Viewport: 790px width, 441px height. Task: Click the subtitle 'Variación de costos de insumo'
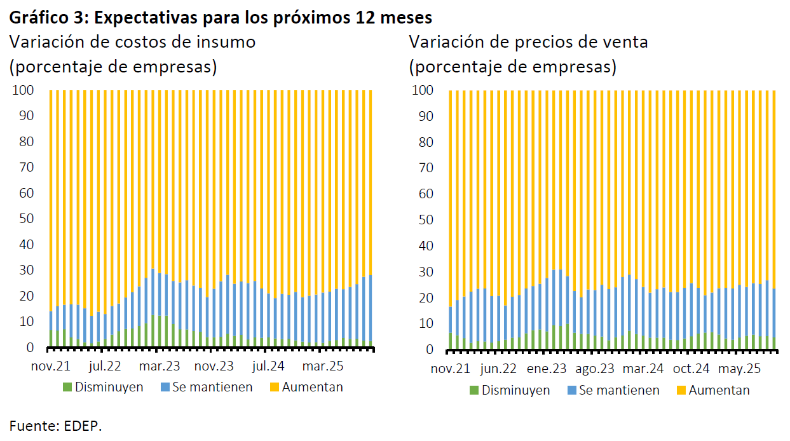point(132,42)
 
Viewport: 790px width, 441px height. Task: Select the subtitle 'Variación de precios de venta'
point(528,42)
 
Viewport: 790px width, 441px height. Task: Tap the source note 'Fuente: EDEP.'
point(55,426)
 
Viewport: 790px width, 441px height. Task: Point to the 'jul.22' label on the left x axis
point(105,367)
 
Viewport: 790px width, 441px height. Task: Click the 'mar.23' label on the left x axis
point(160,367)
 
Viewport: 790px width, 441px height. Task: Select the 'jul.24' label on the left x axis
point(268,367)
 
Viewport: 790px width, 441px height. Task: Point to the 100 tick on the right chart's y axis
point(423,91)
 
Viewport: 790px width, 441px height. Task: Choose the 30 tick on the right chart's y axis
point(425,272)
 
